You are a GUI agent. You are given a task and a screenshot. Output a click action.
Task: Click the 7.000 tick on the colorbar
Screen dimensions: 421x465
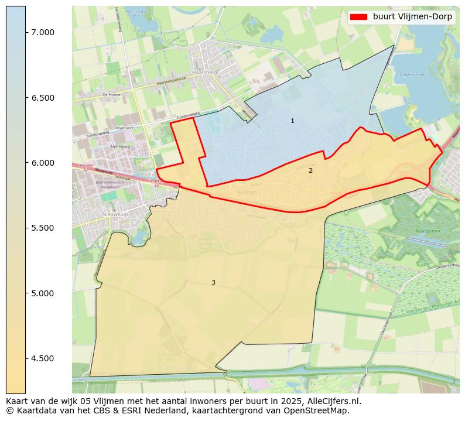(x=43, y=32)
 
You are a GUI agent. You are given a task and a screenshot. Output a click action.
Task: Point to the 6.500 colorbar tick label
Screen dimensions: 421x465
(x=43, y=97)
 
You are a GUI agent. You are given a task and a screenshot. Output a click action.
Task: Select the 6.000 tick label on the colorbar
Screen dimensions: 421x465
(x=43, y=163)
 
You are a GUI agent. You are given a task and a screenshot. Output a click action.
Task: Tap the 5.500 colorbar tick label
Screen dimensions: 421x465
(x=43, y=228)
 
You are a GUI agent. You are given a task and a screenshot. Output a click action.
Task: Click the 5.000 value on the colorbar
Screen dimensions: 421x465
(x=43, y=293)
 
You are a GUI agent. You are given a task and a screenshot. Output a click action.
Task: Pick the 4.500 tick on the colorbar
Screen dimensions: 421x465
(x=43, y=358)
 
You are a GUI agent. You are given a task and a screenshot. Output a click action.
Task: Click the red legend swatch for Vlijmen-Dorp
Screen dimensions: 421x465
(x=358, y=17)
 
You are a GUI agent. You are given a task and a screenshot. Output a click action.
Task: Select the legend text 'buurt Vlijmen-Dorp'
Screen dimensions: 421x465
(x=412, y=17)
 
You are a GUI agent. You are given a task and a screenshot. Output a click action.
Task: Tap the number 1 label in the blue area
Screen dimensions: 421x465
(x=293, y=121)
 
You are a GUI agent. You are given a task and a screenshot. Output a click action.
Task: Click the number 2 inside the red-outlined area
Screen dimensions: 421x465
(x=310, y=170)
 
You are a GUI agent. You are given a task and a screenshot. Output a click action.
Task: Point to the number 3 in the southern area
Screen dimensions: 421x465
(x=213, y=282)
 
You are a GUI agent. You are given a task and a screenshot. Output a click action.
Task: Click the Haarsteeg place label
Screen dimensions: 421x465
(x=201, y=72)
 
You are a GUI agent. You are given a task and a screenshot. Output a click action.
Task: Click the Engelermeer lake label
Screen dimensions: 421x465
(x=412, y=75)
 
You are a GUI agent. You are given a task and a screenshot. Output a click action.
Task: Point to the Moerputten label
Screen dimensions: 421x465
(x=427, y=231)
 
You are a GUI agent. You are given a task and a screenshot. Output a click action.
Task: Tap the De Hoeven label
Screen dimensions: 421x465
(x=111, y=94)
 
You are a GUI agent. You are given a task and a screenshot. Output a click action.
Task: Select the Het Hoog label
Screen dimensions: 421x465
(x=120, y=146)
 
